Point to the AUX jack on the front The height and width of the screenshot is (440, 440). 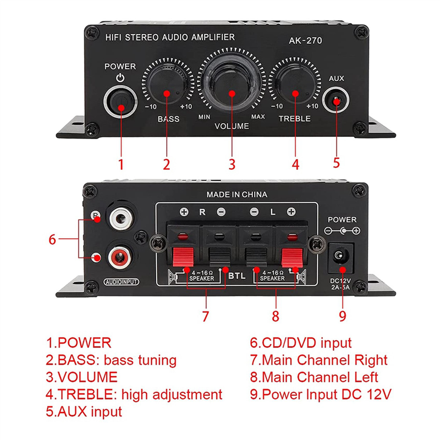(337, 101)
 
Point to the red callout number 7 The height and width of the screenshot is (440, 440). (205, 317)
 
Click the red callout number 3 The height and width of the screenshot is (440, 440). (232, 163)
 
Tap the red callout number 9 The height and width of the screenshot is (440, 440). (343, 316)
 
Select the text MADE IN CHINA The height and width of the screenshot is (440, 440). (237, 194)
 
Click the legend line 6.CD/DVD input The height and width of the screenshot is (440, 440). (300, 343)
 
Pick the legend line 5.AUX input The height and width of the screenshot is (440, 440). (84, 411)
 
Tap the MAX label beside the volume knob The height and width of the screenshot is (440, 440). (258, 117)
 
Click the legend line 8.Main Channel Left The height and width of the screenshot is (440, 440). (314, 377)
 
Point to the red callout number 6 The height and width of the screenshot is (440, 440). (52, 239)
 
